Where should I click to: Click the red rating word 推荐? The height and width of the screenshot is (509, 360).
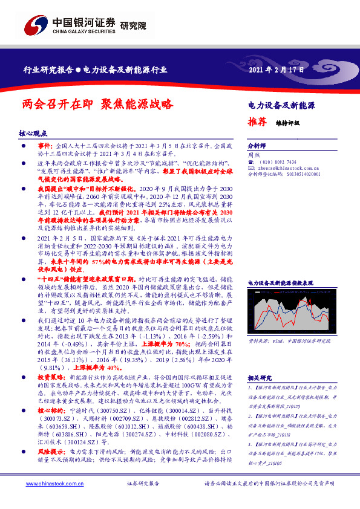point(257,121)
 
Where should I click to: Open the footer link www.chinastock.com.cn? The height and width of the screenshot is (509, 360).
point(48,484)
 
